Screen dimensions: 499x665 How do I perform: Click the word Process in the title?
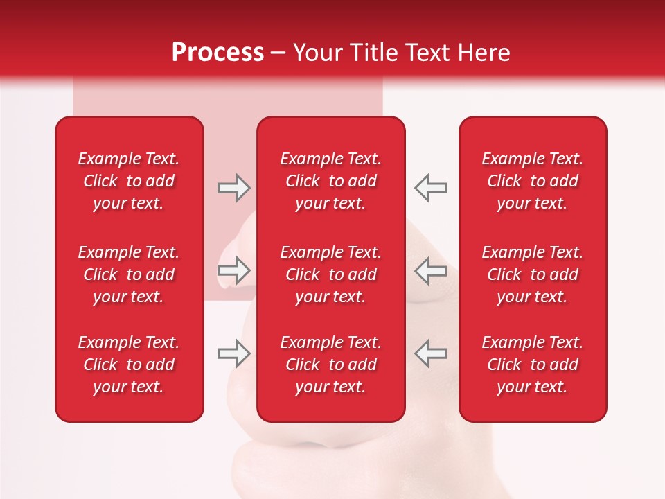pyautogui.click(x=218, y=53)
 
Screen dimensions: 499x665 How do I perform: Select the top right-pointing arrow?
pyautogui.click(x=233, y=188)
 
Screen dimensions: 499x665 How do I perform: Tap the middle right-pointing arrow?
pyautogui.click(x=233, y=270)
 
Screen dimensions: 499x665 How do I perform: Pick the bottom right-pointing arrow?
pyautogui.click(x=233, y=353)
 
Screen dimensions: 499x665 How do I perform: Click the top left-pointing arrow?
pyautogui.click(x=430, y=188)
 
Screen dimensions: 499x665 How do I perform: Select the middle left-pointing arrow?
pyautogui.click(x=430, y=270)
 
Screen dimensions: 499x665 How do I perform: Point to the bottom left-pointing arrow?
pyautogui.click(x=430, y=353)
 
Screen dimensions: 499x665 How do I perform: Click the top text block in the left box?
pyautogui.click(x=129, y=181)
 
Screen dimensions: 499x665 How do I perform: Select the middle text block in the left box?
pyautogui.click(x=129, y=274)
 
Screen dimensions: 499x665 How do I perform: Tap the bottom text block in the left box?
pyautogui.click(x=129, y=365)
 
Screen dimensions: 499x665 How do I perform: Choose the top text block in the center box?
pyautogui.click(x=331, y=181)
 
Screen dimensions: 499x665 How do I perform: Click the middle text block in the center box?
pyautogui.click(x=331, y=274)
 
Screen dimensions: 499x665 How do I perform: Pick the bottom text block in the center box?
pyautogui.click(x=331, y=365)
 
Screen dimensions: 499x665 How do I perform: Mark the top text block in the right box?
pyautogui.click(x=533, y=181)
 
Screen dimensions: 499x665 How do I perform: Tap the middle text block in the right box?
pyautogui.click(x=533, y=274)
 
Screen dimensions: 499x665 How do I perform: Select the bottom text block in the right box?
pyautogui.click(x=533, y=365)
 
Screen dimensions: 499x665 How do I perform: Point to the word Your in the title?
pyautogui.click(x=316, y=53)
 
